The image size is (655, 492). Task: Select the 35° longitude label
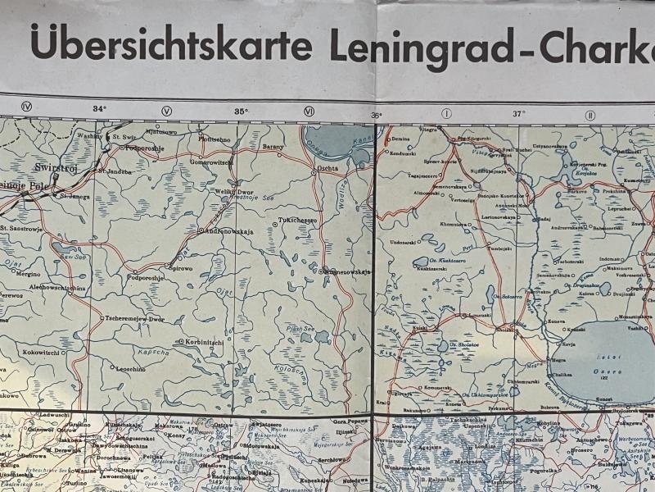[241, 112]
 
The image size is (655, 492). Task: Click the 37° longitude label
[518, 114]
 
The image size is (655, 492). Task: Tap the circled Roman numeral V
[167, 111]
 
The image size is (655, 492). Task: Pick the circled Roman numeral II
[589, 115]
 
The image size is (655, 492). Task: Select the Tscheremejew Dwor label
[143, 318]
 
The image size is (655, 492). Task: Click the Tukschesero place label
[297, 220]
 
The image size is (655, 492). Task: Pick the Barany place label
[273, 146]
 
